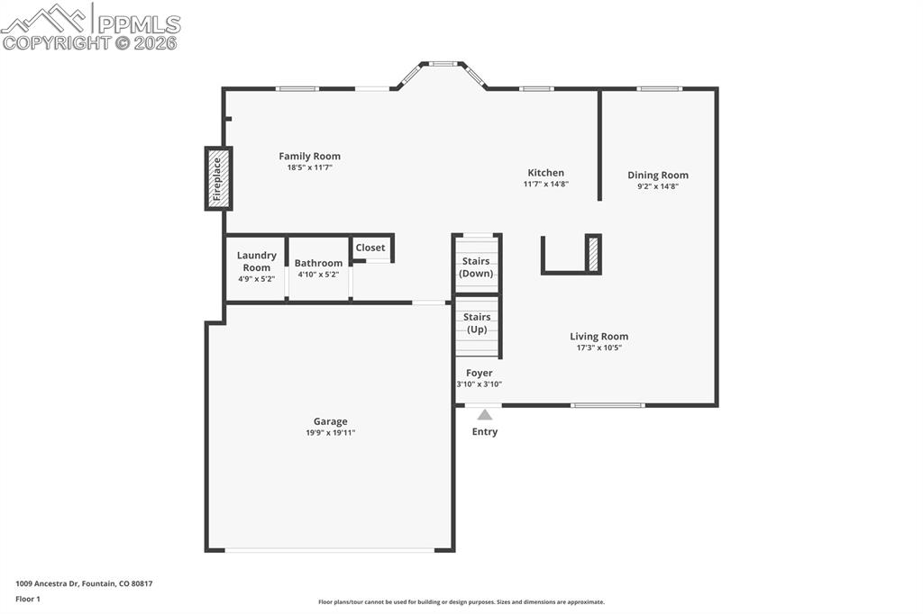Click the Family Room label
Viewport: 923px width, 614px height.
click(309, 157)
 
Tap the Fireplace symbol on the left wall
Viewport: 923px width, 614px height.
click(217, 178)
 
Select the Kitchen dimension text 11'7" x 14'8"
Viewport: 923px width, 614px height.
click(545, 185)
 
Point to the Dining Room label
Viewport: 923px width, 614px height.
click(658, 176)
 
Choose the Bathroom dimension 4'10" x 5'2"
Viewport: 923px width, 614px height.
click(318, 275)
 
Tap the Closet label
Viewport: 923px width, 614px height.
click(370, 248)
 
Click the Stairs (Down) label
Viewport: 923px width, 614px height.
click(476, 267)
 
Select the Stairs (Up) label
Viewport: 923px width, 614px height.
click(477, 323)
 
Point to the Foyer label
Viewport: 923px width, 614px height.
click(479, 373)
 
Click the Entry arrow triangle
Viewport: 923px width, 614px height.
click(485, 415)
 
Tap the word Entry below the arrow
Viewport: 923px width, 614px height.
click(485, 432)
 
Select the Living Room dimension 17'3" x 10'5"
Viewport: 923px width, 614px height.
click(599, 348)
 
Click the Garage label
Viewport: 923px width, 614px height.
click(330, 421)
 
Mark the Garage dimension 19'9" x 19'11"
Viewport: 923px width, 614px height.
click(330, 433)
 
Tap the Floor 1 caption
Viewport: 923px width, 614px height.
click(28, 599)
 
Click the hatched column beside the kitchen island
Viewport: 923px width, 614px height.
click(593, 253)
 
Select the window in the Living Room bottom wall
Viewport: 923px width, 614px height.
click(608, 405)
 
